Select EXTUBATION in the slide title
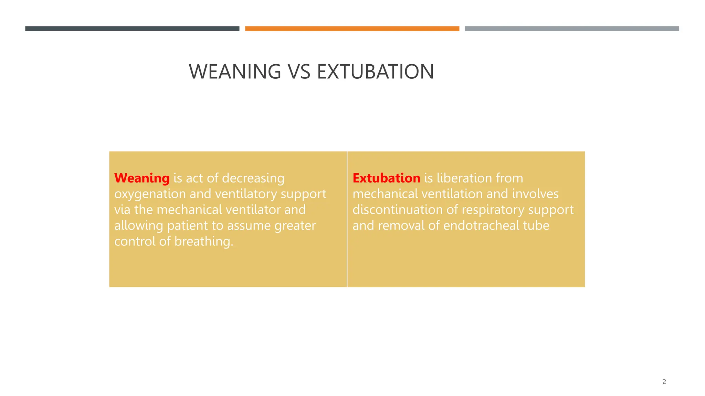click(375, 72)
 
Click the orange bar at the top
click(352, 29)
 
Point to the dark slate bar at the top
click(132, 29)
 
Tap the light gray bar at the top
click(572, 29)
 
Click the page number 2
click(664, 382)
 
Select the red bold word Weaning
click(142, 178)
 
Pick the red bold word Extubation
click(386, 178)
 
